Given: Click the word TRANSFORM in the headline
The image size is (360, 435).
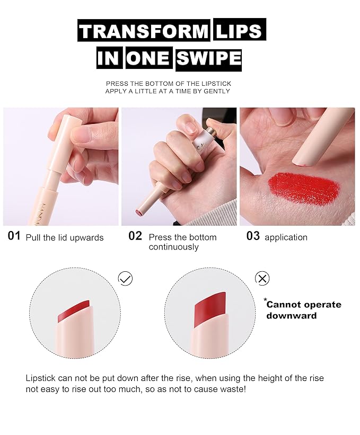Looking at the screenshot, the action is tap(143, 31).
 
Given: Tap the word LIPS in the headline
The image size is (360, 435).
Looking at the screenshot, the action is tap(239, 31).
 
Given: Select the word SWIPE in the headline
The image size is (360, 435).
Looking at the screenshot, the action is tap(209, 58).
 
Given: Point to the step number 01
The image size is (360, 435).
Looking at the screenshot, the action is tap(14, 236).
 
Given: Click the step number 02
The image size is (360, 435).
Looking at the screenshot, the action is tap(135, 236).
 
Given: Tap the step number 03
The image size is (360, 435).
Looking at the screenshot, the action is tap(253, 236).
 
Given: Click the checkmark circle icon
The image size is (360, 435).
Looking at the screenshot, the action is tap(125, 279).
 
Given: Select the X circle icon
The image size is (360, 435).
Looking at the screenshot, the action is tap(262, 278).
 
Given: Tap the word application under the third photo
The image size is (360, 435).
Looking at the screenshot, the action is tap(286, 237).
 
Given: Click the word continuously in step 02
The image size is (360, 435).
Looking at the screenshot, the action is tap(174, 247).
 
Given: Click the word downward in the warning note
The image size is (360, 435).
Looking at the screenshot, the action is tap(292, 316).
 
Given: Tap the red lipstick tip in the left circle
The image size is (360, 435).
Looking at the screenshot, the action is tap(74, 313).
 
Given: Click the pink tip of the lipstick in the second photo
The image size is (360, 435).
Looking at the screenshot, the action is tap(139, 213).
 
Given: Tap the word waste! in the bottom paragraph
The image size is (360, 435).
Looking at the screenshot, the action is tap(233, 389).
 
